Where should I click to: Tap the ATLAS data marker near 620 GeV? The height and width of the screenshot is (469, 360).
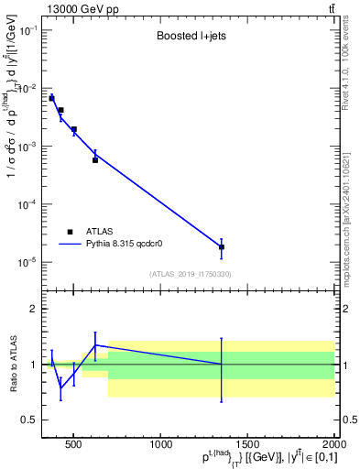95,160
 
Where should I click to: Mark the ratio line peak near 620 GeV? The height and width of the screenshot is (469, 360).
95,345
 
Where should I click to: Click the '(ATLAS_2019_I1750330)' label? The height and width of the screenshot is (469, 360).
191,274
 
